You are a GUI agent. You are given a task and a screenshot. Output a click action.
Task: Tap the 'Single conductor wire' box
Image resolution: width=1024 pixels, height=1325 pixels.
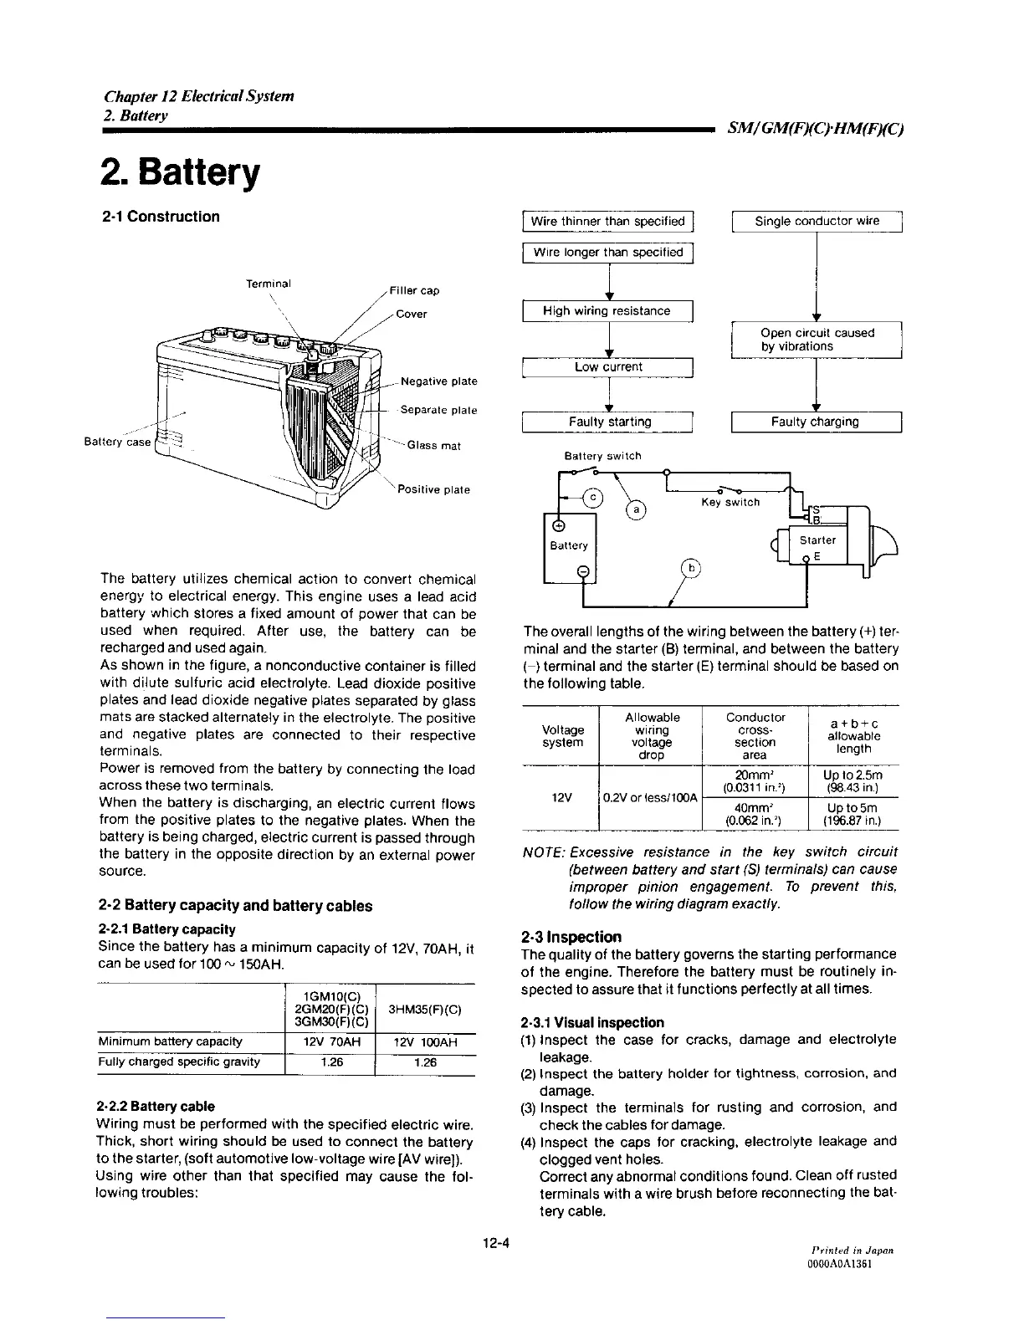pyautogui.click(x=817, y=222)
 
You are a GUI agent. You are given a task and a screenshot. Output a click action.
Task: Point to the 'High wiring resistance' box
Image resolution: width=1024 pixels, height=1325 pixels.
pyautogui.click(x=607, y=311)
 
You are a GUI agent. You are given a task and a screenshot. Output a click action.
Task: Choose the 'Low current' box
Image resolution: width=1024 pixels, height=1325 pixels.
pyautogui.click(x=608, y=367)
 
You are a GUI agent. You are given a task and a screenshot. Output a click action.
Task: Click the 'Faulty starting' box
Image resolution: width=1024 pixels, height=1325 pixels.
pyautogui.click(x=608, y=422)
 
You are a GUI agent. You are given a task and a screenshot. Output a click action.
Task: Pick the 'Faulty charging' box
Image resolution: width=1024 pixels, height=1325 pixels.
pyautogui.click(x=816, y=422)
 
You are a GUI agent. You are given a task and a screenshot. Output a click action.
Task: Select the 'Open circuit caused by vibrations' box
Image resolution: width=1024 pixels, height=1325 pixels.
pyautogui.click(x=817, y=340)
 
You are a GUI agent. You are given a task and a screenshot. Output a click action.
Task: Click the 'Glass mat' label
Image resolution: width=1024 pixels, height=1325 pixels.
pyautogui.click(x=433, y=446)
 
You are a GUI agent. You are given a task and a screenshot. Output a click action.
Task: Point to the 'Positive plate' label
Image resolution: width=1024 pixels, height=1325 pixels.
pyautogui.click(x=433, y=490)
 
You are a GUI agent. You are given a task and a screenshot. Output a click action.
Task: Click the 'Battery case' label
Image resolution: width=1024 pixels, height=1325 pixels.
pyautogui.click(x=116, y=442)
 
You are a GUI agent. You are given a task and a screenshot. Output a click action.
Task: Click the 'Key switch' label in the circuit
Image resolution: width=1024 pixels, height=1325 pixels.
pyautogui.click(x=730, y=503)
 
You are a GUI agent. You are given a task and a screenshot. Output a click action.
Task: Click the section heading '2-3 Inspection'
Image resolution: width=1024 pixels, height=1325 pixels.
pyautogui.click(x=571, y=937)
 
